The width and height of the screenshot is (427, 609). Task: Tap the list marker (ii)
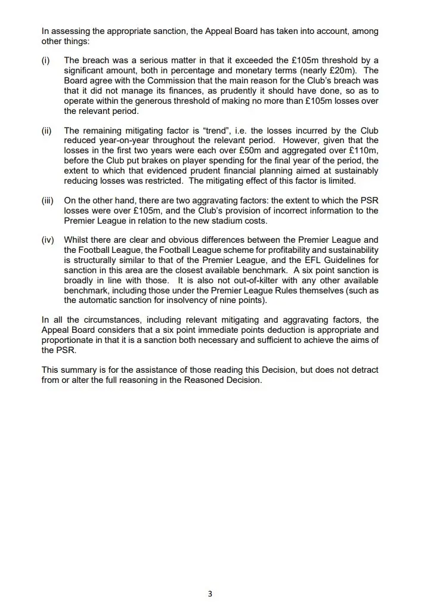(47, 131)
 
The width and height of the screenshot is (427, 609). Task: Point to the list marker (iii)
(48, 201)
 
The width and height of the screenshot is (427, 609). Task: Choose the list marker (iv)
(48, 241)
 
